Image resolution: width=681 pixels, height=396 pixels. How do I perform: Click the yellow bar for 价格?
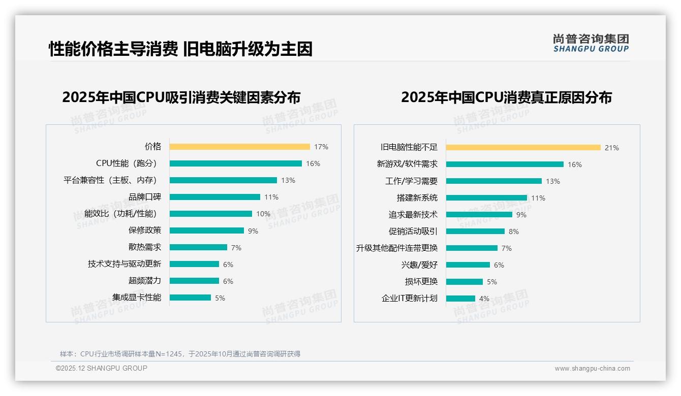pyautogui.click(x=239, y=147)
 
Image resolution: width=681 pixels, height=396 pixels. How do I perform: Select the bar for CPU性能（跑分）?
pyautogui.click(x=235, y=163)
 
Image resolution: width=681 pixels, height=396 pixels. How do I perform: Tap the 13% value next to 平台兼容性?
pyautogui.click(x=288, y=180)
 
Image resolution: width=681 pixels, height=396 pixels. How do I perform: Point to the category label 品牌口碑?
pyautogui.click(x=145, y=197)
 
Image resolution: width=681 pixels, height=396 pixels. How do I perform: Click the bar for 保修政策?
pyautogui.click(x=206, y=230)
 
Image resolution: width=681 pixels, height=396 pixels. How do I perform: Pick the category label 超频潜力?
pyautogui.click(x=145, y=281)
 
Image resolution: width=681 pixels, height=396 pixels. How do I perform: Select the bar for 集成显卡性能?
pyautogui.click(x=190, y=298)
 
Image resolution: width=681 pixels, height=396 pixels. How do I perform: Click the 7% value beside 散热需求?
pyautogui.click(x=236, y=248)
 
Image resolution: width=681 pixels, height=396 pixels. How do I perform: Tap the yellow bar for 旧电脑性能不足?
pyautogui.click(x=523, y=148)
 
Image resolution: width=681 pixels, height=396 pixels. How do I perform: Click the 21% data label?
pyautogui.click(x=611, y=148)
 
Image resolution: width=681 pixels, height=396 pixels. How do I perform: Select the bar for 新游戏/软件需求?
pyautogui.click(x=505, y=164)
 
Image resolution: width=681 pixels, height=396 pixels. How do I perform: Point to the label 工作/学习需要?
pyautogui.click(x=411, y=181)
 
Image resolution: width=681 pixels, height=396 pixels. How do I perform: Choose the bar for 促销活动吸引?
pyautogui.click(x=475, y=232)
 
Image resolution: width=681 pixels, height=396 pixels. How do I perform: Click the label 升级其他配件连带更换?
pyautogui.click(x=397, y=248)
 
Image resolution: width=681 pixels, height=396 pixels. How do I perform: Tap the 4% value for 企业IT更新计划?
pyautogui.click(x=484, y=299)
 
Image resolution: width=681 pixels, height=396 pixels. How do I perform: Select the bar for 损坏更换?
pyautogui.click(x=465, y=282)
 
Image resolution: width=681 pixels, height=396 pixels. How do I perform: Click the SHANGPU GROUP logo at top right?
pyautogui.click(x=591, y=43)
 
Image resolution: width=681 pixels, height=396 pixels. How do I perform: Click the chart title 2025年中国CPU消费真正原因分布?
pyautogui.click(x=506, y=97)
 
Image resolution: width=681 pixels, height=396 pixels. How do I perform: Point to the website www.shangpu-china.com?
pyautogui.click(x=592, y=369)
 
